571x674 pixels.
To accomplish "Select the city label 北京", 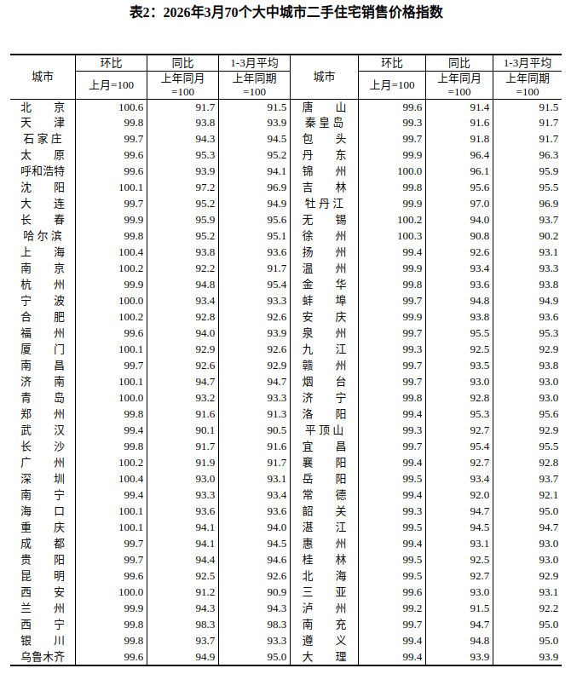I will tap(43, 107).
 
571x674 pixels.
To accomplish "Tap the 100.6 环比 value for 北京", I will tap(131, 107).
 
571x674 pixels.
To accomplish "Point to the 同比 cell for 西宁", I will tap(204, 625).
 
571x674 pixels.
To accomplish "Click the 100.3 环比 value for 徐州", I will tap(409, 236).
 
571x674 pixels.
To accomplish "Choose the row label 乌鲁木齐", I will tap(43, 657).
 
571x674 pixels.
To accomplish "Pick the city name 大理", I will tap(324, 657).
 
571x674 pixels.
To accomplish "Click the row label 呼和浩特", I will tap(43, 171).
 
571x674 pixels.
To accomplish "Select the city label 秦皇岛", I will tap(324, 123).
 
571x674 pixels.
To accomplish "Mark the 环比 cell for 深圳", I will tap(131, 479).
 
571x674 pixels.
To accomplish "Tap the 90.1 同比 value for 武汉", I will tap(204, 430).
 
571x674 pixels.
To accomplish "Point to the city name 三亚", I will tap(324, 592).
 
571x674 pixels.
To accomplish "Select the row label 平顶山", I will tap(324, 430).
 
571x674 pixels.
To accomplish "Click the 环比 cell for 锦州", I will tap(409, 171).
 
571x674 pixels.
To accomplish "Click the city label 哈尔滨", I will tap(43, 236).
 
